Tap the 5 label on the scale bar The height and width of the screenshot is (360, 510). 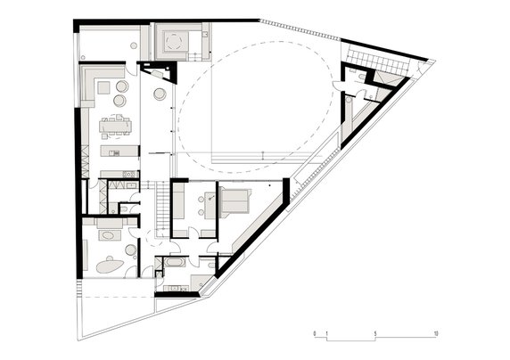[x=375, y=333]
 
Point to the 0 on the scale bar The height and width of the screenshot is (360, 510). [x=315, y=333]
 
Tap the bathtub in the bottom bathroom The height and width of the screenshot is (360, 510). [x=171, y=265]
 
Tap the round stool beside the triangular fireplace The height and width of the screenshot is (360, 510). [x=160, y=94]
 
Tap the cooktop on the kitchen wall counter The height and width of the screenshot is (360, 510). [x=127, y=175]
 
